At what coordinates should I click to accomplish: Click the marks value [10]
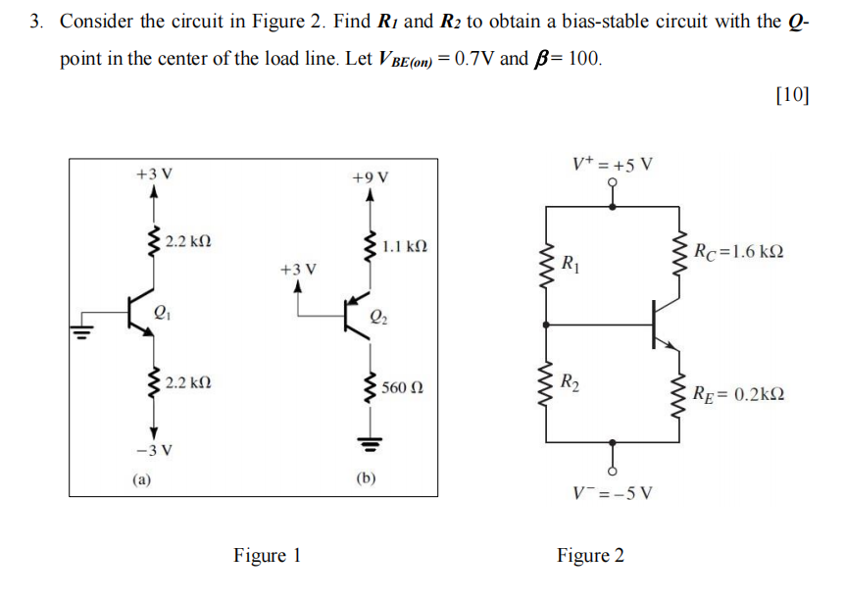791,95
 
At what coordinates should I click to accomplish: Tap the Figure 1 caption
267,556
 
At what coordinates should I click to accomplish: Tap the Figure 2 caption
590,556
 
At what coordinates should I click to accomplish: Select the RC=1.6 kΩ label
737,253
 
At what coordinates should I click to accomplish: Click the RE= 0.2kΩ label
737,395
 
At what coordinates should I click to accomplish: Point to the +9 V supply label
370,176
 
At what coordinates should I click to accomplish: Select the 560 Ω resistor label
403,388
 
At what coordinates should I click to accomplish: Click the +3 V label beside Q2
298,268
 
